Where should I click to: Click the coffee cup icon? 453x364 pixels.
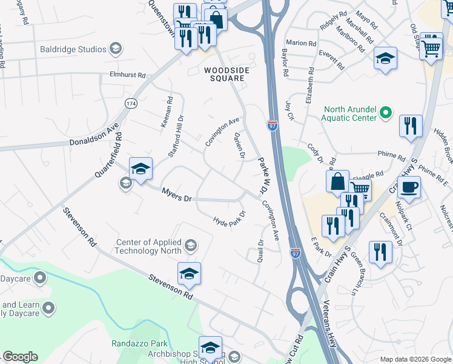(409, 187)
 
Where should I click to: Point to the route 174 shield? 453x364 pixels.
(130, 104)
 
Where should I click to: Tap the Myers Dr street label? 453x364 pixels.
(176, 195)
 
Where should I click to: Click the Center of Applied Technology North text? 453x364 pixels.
(149, 246)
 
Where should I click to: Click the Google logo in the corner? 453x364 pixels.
(20, 357)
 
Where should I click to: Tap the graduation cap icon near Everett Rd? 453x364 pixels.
(385, 59)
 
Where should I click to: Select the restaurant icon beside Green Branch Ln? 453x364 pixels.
(380, 252)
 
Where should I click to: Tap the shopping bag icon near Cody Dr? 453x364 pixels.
(337, 181)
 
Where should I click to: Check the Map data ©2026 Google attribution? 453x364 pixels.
(414, 359)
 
